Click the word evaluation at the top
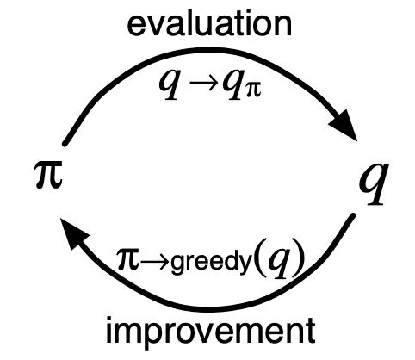(209, 24)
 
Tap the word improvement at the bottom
(211, 331)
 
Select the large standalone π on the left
(48, 174)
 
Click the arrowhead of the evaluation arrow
(344, 126)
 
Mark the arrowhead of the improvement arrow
(73, 233)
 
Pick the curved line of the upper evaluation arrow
(201, 51)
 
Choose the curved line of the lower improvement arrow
(209, 309)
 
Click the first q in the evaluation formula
(170, 84)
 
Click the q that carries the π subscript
(234, 84)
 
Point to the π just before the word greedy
(128, 259)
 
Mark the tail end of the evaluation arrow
(65, 143)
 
